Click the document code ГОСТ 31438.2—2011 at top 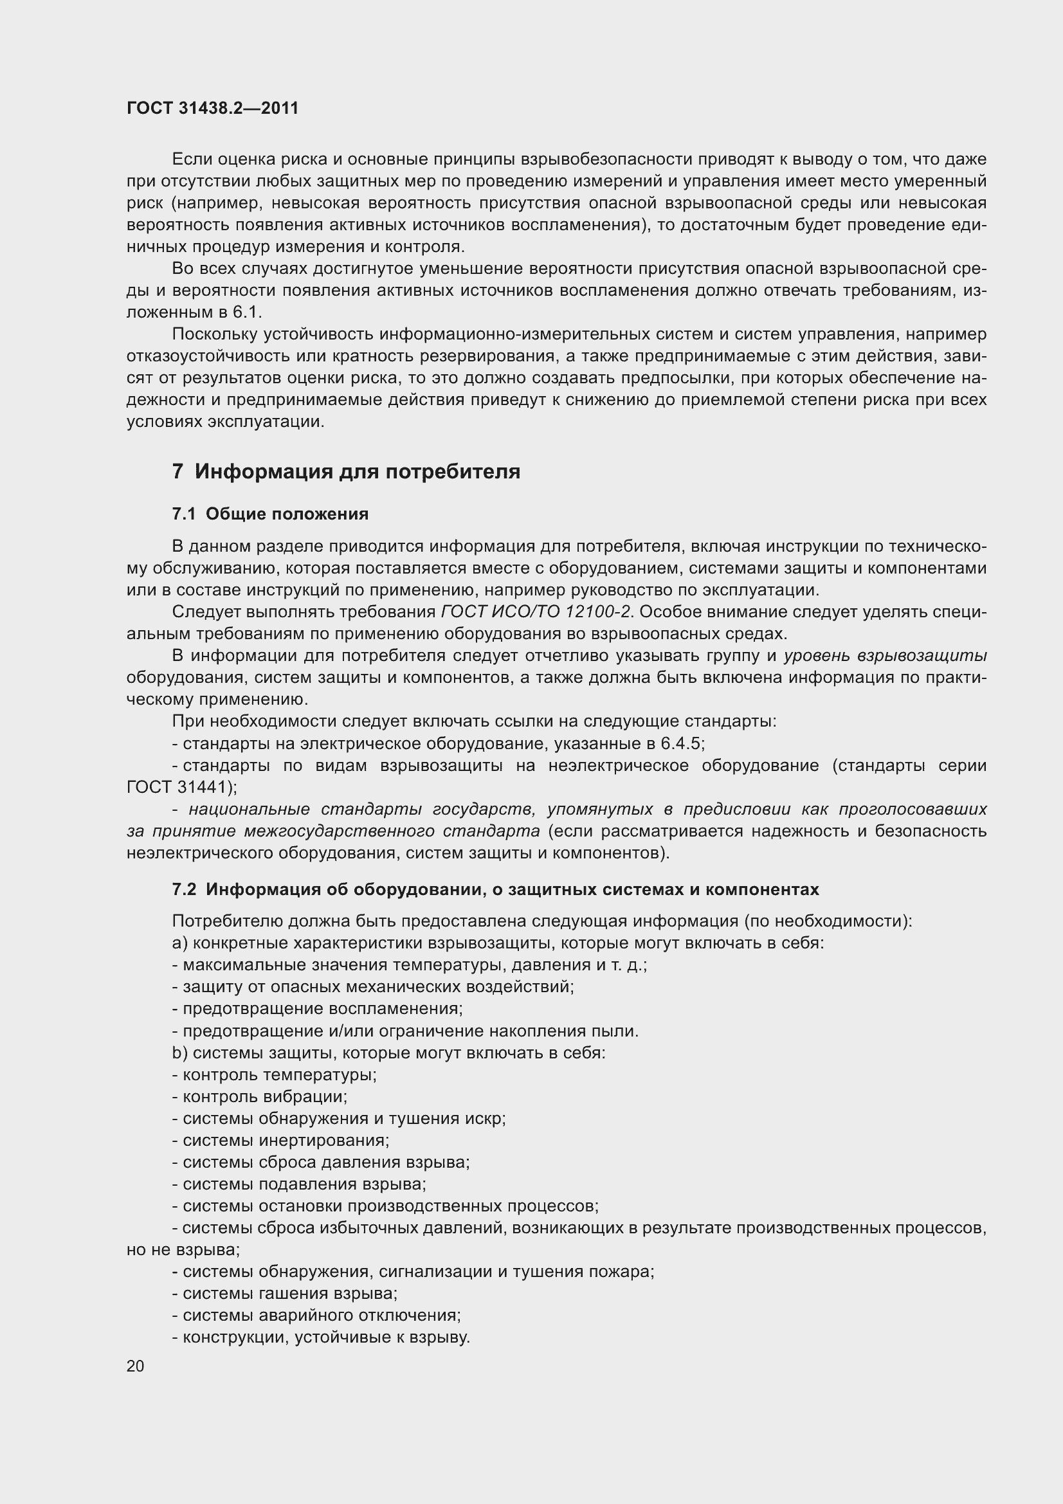(x=212, y=108)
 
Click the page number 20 (x=136, y=1366)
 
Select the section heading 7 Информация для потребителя (x=346, y=471)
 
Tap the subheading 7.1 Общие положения (x=270, y=514)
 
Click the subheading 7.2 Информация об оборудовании (x=495, y=889)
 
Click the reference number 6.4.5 (x=682, y=743)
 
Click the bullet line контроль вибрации (x=260, y=1096)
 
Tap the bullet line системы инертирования (x=281, y=1141)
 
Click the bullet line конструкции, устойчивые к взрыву (x=321, y=1337)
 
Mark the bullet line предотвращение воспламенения (x=318, y=1009)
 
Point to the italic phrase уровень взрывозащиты (x=885, y=657)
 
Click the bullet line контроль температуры (x=275, y=1075)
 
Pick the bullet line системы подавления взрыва (x=299, y=1184)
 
